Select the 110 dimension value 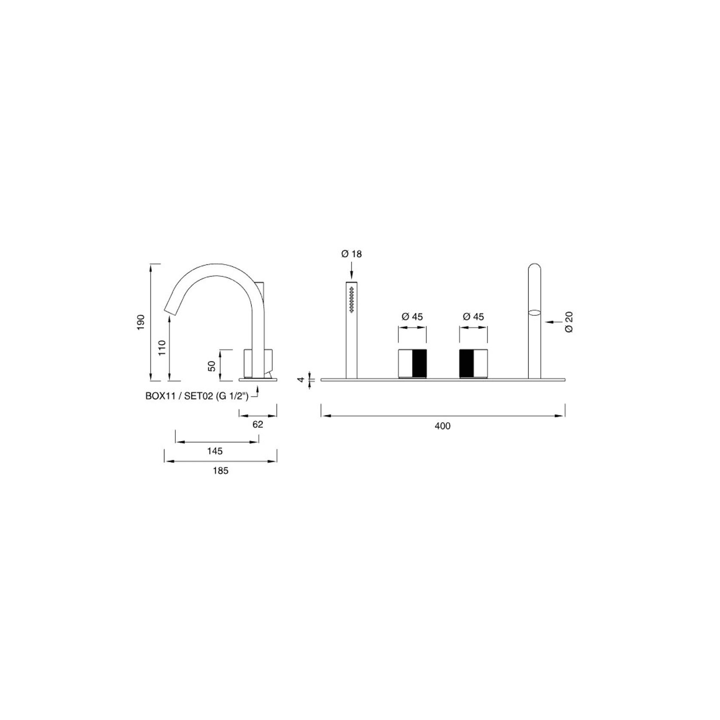click(x=162, y=348)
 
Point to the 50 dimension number click(x=212, y=366)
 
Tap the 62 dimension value click(x=258, y=424)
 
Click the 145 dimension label click(x=215, y=451)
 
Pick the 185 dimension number click(x=221, y=471)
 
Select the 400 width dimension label click(x=442, y=426)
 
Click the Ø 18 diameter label click(x=351, y=254)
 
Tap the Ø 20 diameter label click(x=569, y=322)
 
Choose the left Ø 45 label click(x=412, y=317)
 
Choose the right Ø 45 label click(x=473, y=317)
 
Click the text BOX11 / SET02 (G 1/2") click(x=197, y=396)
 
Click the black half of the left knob click(x=419, y=363)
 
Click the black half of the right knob click(x=467, y=363)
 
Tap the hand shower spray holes click(x=352, y=299)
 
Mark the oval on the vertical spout click(x=534, y=312)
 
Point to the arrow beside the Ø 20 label click(x=552, y=321)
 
